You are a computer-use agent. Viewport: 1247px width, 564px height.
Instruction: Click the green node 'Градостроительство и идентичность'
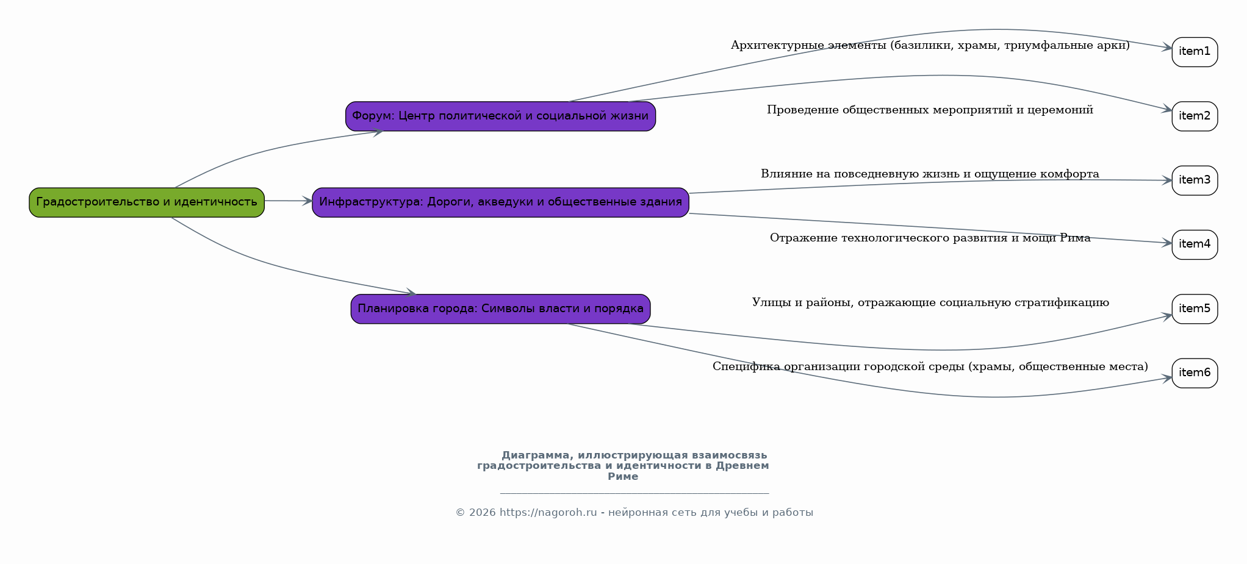[146, 202]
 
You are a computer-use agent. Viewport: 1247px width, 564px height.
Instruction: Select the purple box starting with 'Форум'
[500, 116]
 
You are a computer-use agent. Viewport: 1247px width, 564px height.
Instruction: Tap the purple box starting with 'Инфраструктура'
[500, 202]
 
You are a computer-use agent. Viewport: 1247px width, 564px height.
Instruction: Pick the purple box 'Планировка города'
[500, 309]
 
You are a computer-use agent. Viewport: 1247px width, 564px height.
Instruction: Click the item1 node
[1195, 52]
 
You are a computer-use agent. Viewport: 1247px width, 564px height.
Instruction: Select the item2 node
[1195, 116]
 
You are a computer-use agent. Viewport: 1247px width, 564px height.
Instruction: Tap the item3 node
[1195, 180]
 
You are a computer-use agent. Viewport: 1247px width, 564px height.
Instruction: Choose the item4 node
[1195, 245]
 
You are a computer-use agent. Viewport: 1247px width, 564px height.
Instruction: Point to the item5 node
[1195, 309]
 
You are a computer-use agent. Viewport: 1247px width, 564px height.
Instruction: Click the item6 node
[1195, 373]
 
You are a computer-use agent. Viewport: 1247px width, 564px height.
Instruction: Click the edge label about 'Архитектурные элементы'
[930, 46]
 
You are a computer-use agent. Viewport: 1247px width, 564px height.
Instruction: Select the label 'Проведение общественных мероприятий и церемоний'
[930, 110]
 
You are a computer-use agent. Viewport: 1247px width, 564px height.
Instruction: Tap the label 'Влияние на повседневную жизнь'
[930, 174]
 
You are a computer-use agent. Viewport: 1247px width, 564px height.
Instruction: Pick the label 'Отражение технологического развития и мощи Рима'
[930, 238]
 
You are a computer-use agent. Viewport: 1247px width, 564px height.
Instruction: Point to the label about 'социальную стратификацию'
[930, 302]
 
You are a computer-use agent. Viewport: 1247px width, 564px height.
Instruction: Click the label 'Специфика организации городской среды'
[930, 366]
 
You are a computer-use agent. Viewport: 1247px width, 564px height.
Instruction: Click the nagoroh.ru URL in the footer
[548, 513]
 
